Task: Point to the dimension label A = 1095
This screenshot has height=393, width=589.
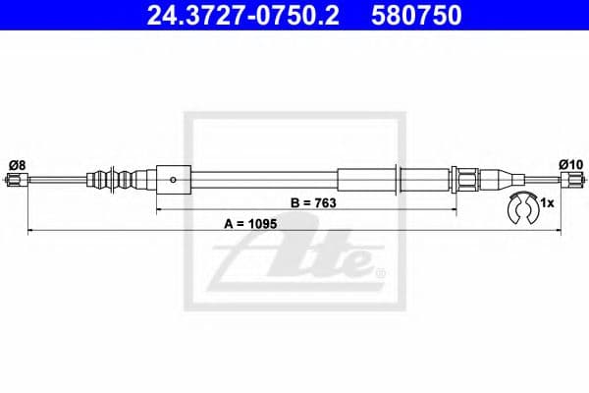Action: point(252,223)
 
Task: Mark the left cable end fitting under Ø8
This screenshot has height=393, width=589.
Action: point(15,180)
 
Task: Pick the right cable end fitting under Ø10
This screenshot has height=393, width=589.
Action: point(572,180)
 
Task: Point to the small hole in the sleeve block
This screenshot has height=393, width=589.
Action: point(174,180)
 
